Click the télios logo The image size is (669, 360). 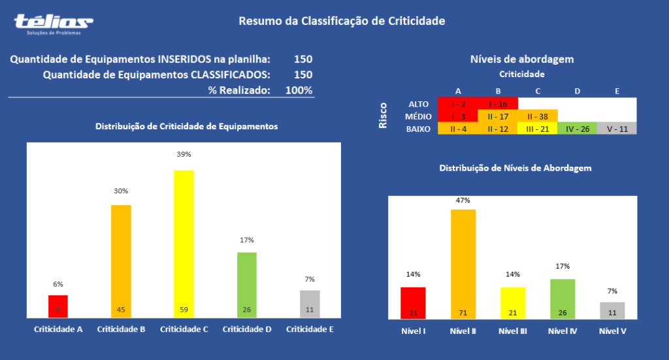click(54, 23)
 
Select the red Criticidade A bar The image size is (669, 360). click(58, 306)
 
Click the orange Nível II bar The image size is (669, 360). click(463, 264)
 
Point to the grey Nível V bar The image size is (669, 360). click(612, 310)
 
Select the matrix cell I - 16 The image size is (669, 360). click(498, 104)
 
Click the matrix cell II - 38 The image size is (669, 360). click(538, 116)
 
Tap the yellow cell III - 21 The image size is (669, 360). click(538, 129)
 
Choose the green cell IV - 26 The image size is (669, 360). click(578, 129)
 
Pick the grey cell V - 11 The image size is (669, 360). click(617, 129)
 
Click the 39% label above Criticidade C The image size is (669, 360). click(184, 154)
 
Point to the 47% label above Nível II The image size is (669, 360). click(463, 200)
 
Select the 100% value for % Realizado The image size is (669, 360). click(299, 90)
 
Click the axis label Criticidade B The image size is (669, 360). click(121, 329)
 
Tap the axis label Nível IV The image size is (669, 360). click(563, 331)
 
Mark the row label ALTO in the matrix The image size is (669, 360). click(418, 104)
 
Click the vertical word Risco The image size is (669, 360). click(383, 115)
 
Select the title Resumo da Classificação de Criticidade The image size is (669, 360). click(342, 21)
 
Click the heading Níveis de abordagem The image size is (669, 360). click(522, 59)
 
